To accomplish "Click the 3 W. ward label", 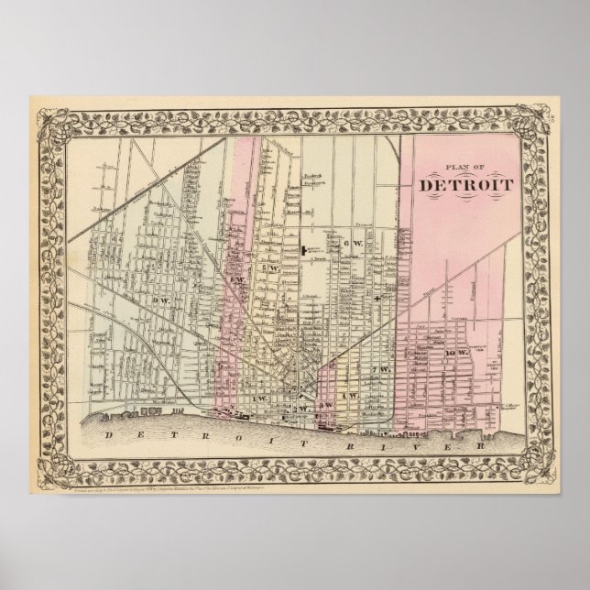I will tap(323, 378).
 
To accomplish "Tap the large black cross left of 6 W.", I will tap(303, 247).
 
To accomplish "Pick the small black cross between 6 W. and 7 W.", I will tap(377, 300).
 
